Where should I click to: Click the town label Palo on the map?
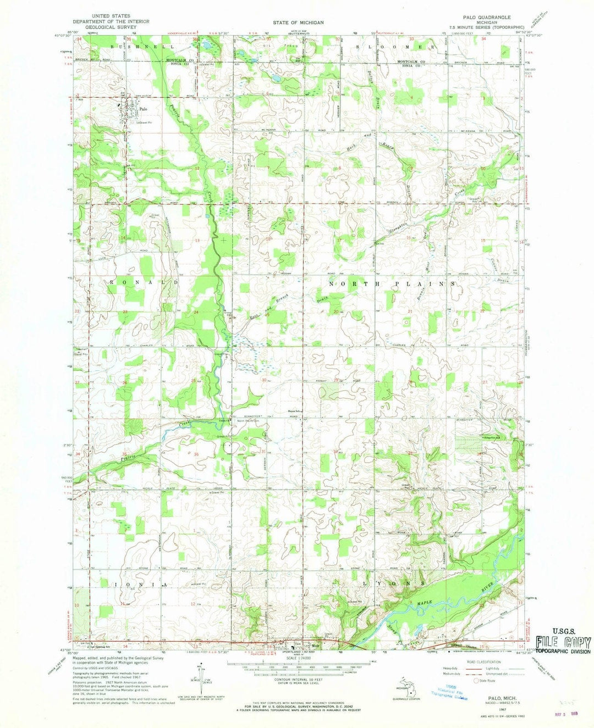click(143, 109)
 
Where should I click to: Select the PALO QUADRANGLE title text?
click(486, 17)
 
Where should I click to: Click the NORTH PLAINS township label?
click(393, 284)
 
